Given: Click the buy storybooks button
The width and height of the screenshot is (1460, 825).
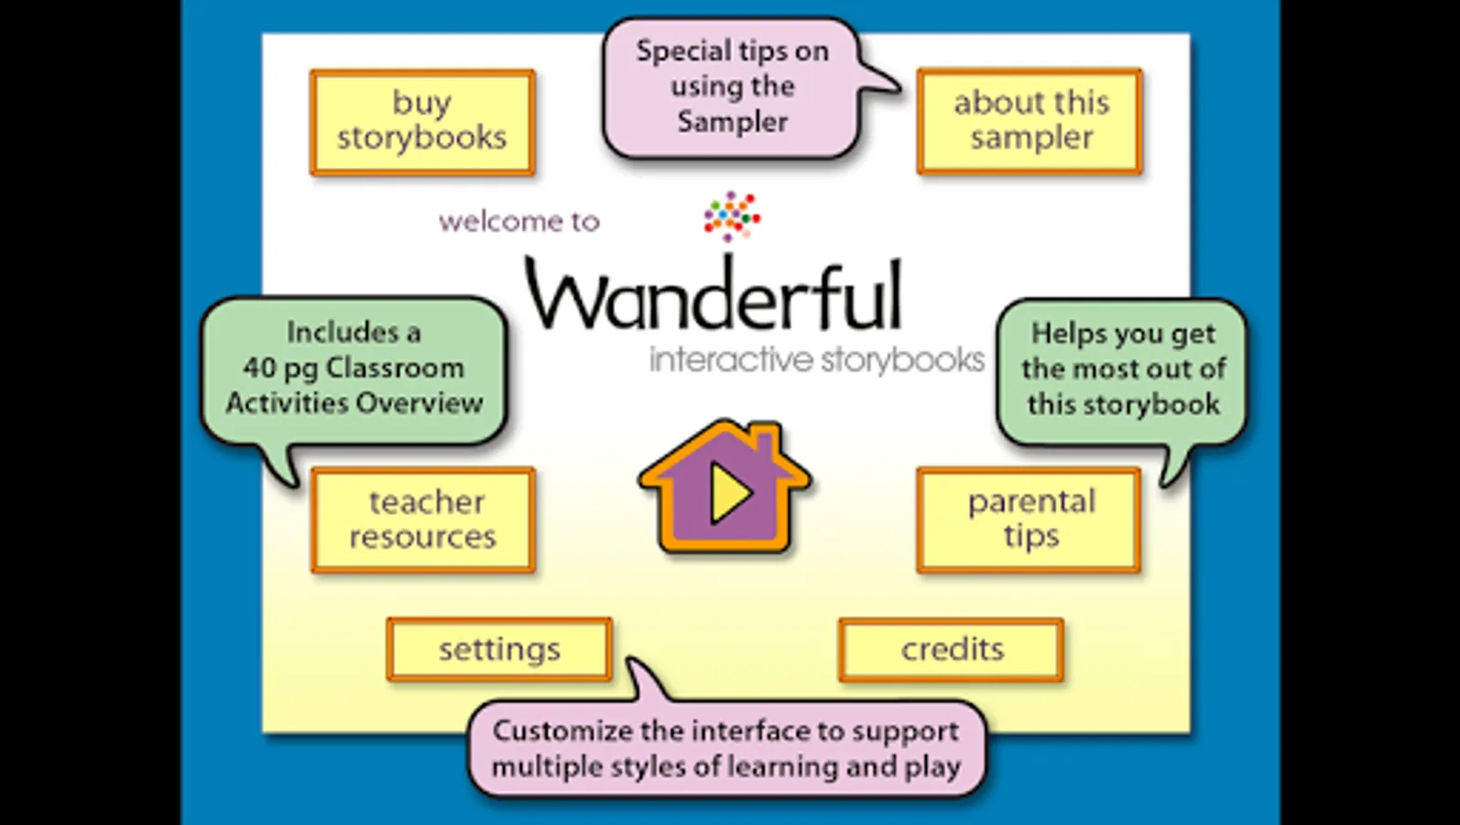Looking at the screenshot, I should (422, 121).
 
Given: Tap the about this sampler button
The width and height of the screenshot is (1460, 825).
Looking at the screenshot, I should (1030, 121).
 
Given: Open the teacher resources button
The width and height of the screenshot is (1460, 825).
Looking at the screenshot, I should (422, 520).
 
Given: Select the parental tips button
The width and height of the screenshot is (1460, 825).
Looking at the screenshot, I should (1030, 520).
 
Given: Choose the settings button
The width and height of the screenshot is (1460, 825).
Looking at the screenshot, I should (499, 649).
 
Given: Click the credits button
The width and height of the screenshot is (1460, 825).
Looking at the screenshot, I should (952, 649).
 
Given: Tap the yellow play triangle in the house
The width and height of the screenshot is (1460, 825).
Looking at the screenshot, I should (729, 493).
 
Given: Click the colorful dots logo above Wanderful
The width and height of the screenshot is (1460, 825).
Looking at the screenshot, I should (731, 216).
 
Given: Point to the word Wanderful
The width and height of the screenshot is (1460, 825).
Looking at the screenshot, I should (714, 294).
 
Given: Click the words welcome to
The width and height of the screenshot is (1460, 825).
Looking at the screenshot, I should (518, 222).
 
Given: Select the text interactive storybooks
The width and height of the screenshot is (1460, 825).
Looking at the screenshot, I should (816, 360).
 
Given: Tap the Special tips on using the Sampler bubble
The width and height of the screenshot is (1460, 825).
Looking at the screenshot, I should (732, 87).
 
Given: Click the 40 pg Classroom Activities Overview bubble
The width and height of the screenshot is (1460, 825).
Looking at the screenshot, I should (354, 368).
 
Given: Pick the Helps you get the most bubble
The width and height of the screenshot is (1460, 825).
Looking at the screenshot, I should (1123, 369).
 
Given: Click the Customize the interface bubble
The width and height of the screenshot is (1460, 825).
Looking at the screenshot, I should (726, 749).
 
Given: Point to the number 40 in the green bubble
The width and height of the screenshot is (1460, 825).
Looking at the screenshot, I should (260, 368).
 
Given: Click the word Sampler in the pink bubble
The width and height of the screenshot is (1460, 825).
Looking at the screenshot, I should (732, 122).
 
